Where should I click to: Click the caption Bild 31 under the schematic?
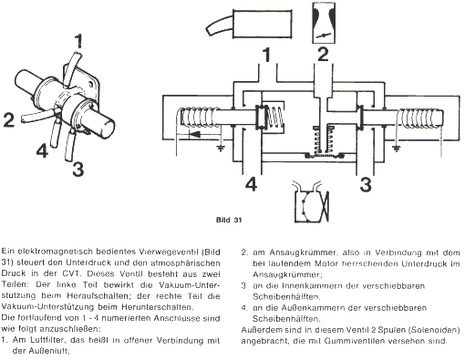coord(229,220)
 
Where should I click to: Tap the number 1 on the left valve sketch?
coord(78,41)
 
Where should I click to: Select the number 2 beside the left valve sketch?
coord(9,119)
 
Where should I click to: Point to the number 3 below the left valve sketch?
coord(78,169)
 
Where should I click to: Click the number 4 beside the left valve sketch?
coord(42,150)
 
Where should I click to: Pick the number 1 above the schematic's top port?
coord(266,55)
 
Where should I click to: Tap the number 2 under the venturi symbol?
coord(323,54)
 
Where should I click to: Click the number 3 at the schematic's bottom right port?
coord(366,184)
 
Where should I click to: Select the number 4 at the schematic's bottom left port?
coord(251,184)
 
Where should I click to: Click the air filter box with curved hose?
coord(249,24)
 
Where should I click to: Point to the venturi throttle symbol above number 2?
coord(324,23)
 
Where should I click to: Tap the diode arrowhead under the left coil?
coord(194,134)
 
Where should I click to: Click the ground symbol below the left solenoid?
coord(220,149)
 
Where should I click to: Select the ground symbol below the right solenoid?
coord(396,149)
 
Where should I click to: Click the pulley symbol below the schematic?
coord(311,201)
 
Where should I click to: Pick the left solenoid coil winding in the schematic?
coord(200,117)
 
